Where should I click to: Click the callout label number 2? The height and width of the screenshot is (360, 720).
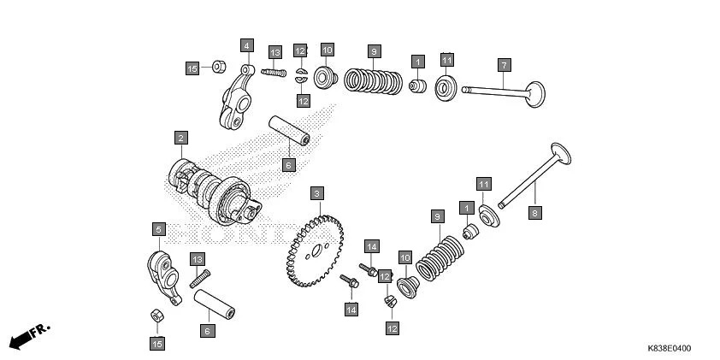click(180, 137)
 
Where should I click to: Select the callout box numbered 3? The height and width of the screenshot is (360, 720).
click(316, 194)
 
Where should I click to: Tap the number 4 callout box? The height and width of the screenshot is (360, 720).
click(246, 45)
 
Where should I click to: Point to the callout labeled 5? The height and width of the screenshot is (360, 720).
click(158, 229)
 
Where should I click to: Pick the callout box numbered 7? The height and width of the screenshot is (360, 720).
click(505, 65)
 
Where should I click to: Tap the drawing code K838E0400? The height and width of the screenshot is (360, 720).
click(669, 350)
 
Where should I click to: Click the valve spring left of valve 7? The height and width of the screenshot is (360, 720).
click(374, 81)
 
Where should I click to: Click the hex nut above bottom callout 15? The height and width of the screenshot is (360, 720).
click(157, 316)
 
